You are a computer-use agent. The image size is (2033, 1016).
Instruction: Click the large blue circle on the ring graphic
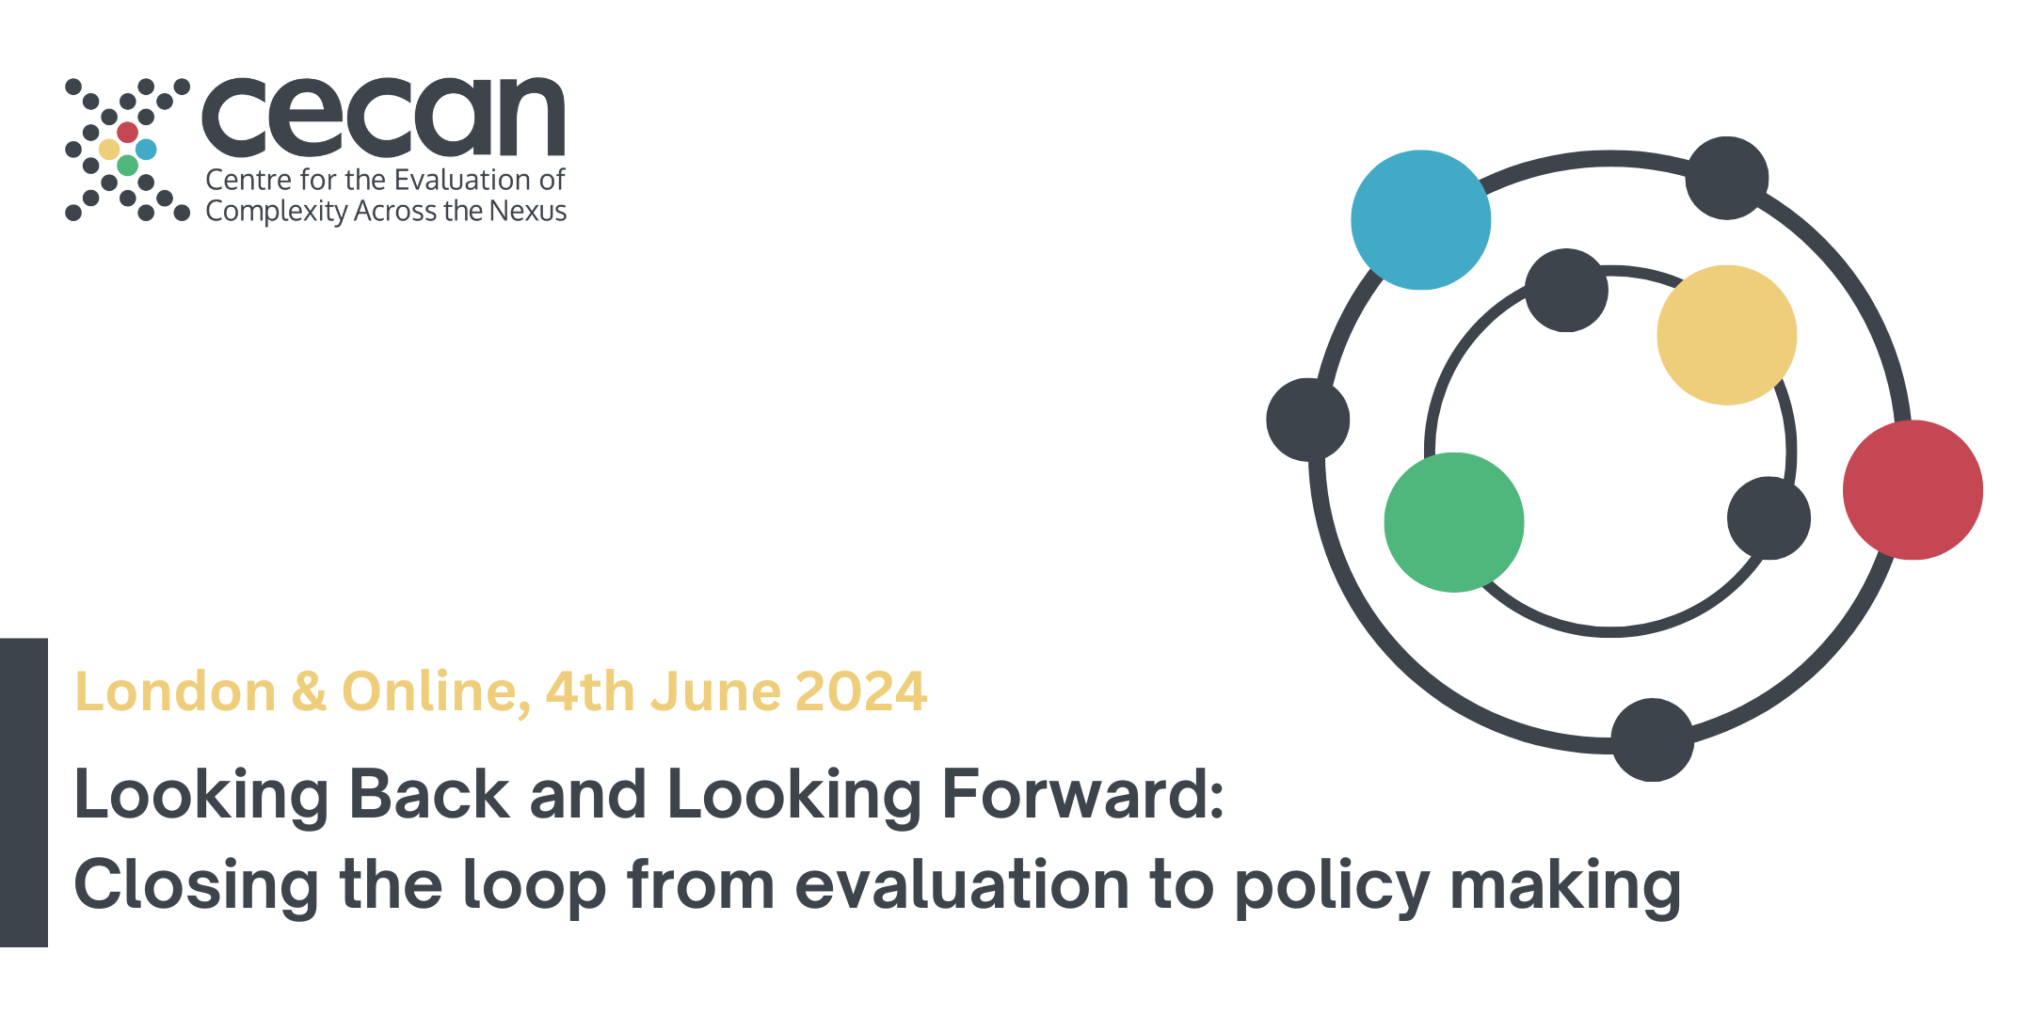coord(1420,220)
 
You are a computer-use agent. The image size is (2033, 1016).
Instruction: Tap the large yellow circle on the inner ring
coord(1726,335)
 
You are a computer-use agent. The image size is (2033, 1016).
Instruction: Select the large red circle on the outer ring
coord(1913,490)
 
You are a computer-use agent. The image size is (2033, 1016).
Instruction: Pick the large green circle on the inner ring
coord(1454,522)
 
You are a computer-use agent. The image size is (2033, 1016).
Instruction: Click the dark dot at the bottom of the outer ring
coord(1652,739)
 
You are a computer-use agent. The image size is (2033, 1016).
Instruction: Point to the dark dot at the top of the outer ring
coord(1726,178)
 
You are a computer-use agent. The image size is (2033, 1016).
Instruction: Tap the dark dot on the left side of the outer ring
coord(1307,420)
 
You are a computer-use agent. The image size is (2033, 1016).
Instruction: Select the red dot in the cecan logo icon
coord(127,132)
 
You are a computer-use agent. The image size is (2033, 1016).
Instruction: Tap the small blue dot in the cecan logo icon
coord(146,149)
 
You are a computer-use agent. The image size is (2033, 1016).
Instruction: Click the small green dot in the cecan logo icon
coord(127,167)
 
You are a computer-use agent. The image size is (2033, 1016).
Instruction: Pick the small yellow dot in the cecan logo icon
coord(109,149)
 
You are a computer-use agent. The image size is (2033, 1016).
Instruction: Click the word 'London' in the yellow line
coord(175,692)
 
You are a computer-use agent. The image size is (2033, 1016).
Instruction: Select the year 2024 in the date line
coord(861,692)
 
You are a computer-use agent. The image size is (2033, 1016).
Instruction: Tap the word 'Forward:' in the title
coord(1082,795)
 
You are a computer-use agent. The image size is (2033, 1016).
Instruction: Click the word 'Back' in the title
coord(429,795)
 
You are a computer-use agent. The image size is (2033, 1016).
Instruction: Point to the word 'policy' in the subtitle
coord(1332,887)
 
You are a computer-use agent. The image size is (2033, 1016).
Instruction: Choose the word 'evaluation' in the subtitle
coord(961,885)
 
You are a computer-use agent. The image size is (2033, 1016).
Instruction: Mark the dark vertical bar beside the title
coord(24,792)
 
